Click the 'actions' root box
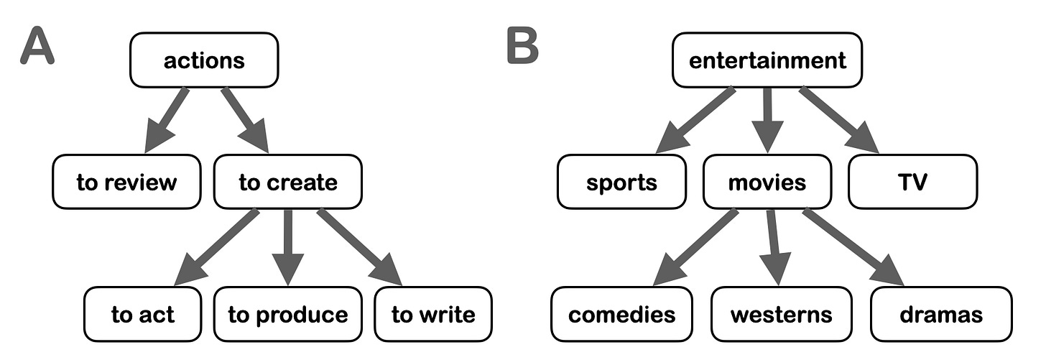click(203, 60)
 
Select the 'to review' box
click(126, 182)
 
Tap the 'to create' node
click(287, 182)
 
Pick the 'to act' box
click(143, 314)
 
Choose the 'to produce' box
click(287, 314)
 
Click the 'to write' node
click(433, 314)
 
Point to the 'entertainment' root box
click(767, 60)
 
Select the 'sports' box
click(621, 182)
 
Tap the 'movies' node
click(767, 182)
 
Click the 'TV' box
click(912, 182)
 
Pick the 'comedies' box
click(622, 314)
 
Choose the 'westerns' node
click(781, 314)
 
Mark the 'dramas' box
click(941, 314)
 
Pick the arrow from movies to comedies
click(694, 246)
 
